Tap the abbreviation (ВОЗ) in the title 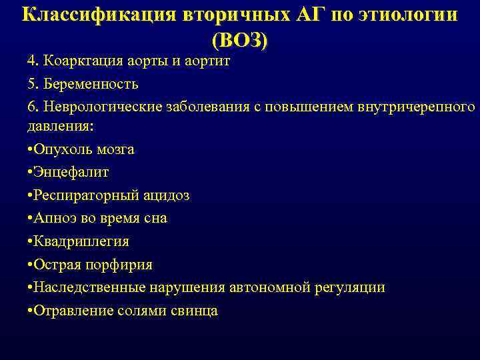tap(240, 40)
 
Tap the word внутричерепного tap(413, 108)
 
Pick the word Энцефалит tap(71, 172)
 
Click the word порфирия tap(123, 265)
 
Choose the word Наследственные tap(85, 287)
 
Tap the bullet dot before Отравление tap(30, 311)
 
